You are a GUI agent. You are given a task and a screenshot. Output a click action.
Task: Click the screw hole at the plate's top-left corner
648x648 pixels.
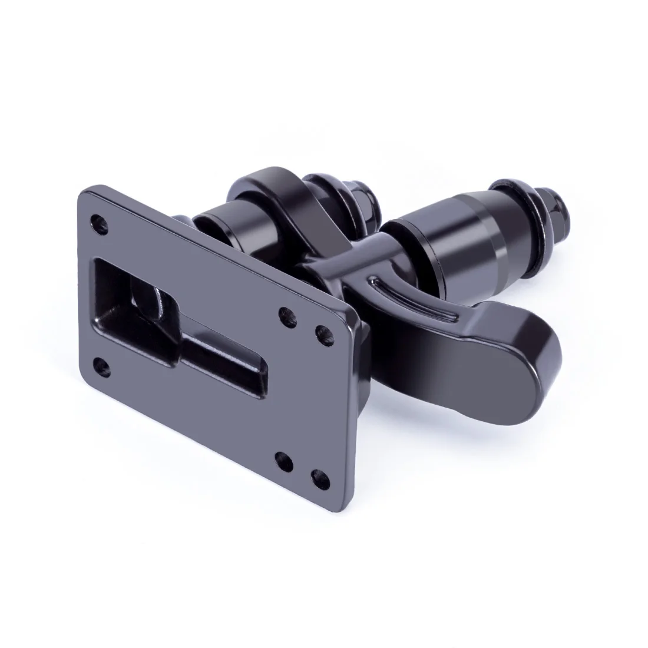97,223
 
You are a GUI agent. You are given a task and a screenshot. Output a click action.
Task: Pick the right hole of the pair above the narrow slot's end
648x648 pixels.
322,332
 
